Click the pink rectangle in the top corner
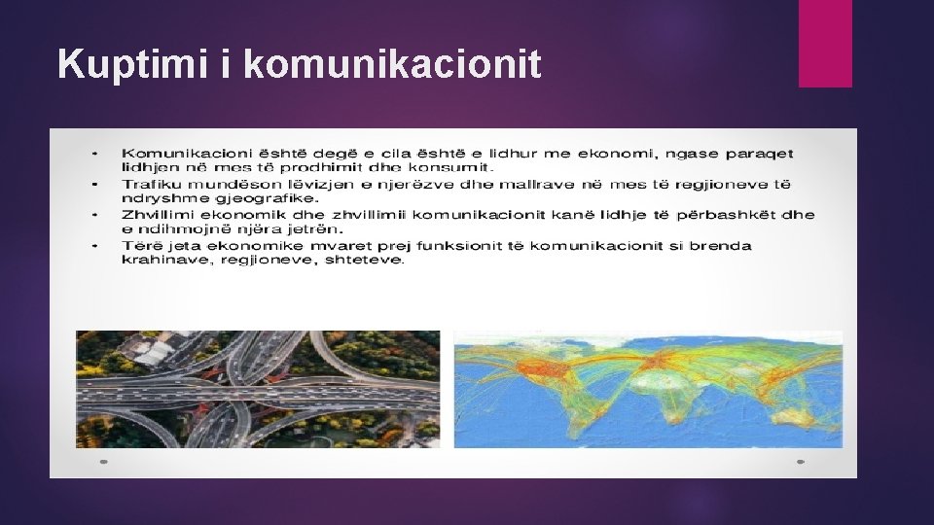pyautogui.click(x=825, y=43)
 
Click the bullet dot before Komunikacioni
pyautogui.click(x=94, y=154)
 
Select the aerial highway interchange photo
pyautogui.click(x=258, y=389)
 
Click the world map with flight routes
pyautogui.click(x=648, y=389)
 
